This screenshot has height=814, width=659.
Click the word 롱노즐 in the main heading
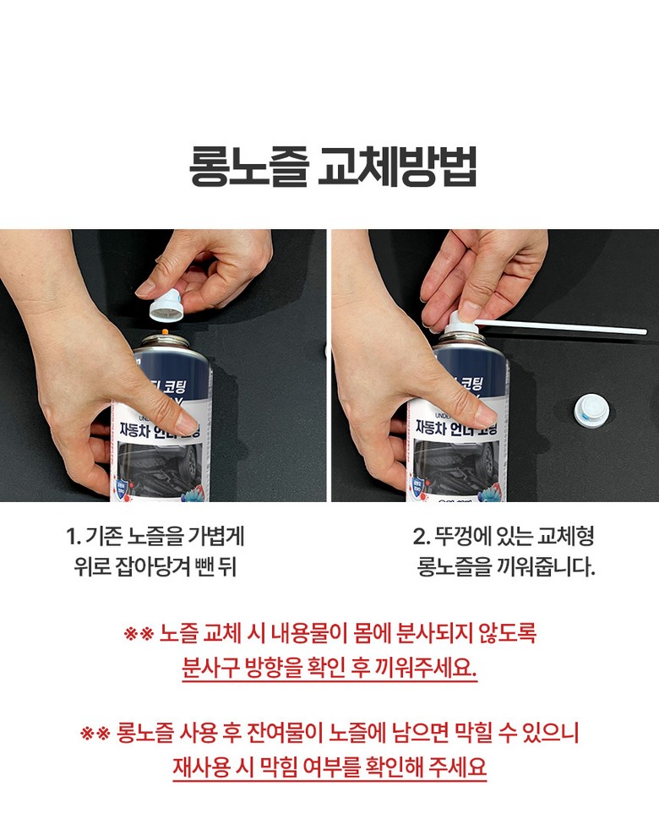pos(249,167)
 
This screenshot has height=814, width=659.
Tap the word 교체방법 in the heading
pos(397,167)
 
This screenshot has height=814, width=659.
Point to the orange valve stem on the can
pos(165,331)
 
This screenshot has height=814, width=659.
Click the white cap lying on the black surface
pos(591,407)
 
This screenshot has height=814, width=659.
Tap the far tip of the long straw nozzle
pos(645,331)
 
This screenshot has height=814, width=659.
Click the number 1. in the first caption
pos(74,536)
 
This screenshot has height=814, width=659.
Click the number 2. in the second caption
pos(421,536)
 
